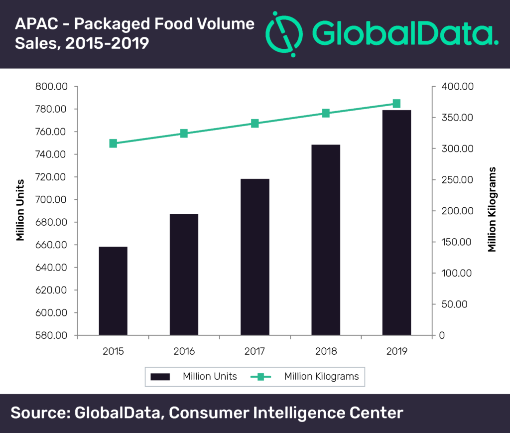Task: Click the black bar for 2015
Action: pyautogui.click(x=113, y=290)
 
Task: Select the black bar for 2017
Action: pyautogui.click(x=255, y=257)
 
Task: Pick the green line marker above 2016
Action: pyautogui.click(x=184, y=134)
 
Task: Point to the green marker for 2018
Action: pyautogui.click(x=326, y=113)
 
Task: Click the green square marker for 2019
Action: pyautogui.click(x=396, y=104)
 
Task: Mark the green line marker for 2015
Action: pyautogui.click(x=113, y=144)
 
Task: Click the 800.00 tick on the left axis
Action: pyautogui.click(x=51, y=87)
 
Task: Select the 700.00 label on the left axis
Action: pyautogui.click(x=51, y=200)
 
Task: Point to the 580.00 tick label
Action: pyautogui.click(x=51, y=335)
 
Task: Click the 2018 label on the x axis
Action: pyautogui.click(x=326, y=351)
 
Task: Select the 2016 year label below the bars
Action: pyautogui.click(x=184, y=351)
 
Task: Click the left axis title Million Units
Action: pyautogui.click(x=20, y=210)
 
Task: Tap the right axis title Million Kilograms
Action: pyautogui.click(x=492, y=209)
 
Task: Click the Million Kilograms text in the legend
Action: pyautogui.click(x=321, y=377)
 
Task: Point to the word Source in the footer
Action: pyautogui.click(x=39, y=413)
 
